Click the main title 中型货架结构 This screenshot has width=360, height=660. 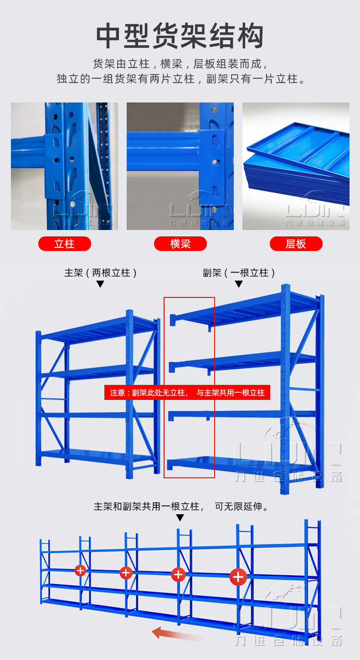tap(180, 36)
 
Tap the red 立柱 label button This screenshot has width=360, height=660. tap(64, 244)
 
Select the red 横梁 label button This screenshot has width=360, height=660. tap(180, 244)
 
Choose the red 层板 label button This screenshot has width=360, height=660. tap(296, 244)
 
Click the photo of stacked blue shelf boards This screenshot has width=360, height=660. tap(296, 166)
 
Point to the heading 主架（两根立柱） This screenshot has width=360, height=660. tap(100, 273)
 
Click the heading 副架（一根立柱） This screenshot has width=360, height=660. tap(239, 273)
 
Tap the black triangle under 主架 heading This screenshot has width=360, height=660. tap(100, 284)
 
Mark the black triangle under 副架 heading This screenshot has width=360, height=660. tap(239, 284)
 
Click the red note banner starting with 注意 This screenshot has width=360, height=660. tap(187, 392)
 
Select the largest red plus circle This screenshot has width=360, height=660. tap(238, 577)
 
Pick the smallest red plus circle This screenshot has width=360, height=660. tap(81, 570)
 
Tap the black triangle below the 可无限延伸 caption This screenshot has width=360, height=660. tap(180, 517)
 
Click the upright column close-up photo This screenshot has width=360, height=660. tap(64, 166)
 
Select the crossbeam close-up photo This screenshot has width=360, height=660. tap(180, 166)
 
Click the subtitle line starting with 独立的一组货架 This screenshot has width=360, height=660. tap(180, 79)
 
